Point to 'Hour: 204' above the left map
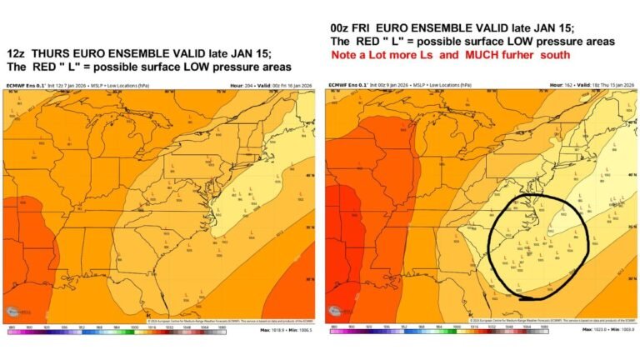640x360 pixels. click(243, 85)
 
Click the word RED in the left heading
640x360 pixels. click(52, 67)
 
